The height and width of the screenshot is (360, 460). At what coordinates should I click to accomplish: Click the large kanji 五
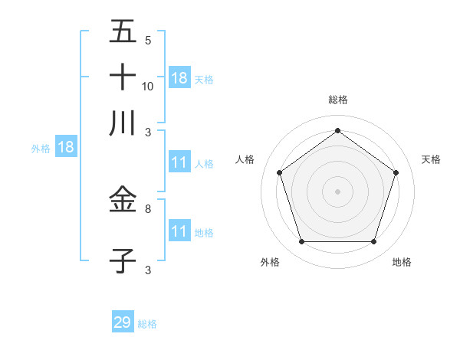(x=123, y=33)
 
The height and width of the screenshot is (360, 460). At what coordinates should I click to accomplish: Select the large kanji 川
(x=123, y=123)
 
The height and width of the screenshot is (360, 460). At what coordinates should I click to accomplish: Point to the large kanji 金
(x=123, y=201)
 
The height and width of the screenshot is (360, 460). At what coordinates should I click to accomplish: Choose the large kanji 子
(x=123, y=260)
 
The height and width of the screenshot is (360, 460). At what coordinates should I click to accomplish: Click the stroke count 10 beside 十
(x=148, y=86)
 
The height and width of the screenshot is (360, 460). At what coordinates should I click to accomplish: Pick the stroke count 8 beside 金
(x=148, y=208)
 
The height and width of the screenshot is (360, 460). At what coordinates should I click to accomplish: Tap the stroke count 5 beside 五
(x=148, y=41)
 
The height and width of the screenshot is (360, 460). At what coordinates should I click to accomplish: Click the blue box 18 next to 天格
(x=179, y=78)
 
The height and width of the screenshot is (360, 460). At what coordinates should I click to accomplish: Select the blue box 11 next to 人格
(x=179, y=163)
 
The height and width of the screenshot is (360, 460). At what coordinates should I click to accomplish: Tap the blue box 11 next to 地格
(x=179, y=231)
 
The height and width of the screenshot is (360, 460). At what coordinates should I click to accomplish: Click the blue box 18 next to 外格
(x=66, y=148)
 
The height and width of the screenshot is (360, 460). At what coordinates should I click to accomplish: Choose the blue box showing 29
(x=123, y=322)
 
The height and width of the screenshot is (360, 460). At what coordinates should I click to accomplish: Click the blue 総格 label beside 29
(x=148, y=324)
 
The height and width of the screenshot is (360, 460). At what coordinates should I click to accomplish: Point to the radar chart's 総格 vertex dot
(x=337, y=130)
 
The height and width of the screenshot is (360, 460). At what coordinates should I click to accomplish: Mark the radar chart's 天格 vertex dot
(x=396, y=172)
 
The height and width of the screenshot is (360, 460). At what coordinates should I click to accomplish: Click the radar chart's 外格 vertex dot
(x=301, y=241)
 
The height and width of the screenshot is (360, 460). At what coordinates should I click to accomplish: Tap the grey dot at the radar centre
(x=337, y=191)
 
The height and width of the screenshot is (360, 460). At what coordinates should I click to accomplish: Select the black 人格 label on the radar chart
(x=245, y=159)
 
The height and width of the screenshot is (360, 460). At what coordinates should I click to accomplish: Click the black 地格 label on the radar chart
(x=402, y=262)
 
